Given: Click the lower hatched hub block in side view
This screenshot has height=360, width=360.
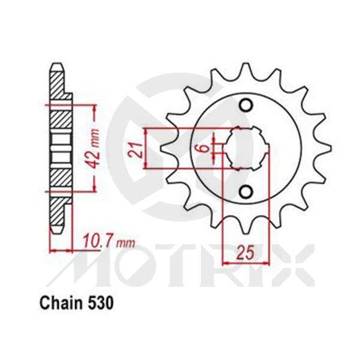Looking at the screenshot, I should (58, 178).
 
